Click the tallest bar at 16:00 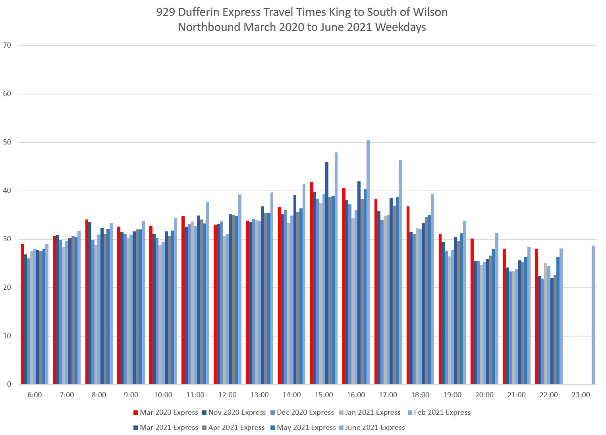tap(368, 262)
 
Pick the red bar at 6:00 tap(23, 314)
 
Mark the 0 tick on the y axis tap(9, 384)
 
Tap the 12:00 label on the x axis tap(228, 395)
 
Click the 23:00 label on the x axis tap(581, 395)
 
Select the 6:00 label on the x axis tap(35, 395)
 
